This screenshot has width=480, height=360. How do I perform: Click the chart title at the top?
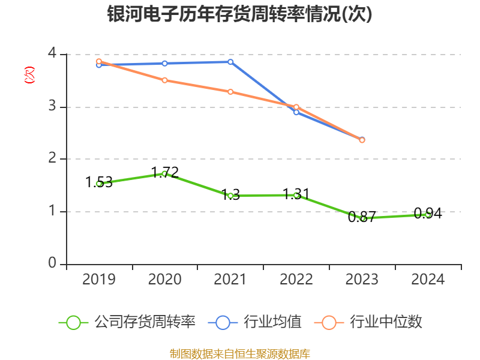pos(240,14)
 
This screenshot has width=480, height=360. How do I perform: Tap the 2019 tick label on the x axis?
pos(99,279)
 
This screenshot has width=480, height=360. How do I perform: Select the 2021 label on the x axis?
pos(230,279)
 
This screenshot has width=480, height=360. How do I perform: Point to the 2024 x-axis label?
pos(428,279)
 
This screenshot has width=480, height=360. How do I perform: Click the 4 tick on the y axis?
pos(52,54)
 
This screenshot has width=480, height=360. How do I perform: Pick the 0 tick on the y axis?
pos(52,264)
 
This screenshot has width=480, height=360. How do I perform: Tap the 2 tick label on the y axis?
pos(52,159)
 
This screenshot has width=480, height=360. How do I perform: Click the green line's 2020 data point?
pos(164,173)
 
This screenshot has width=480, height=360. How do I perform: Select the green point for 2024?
pos(428,214)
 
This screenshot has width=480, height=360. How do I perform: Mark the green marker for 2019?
pos(99,184)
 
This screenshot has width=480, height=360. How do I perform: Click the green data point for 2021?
pos(230,196)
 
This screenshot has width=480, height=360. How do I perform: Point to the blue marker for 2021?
pos(230,62)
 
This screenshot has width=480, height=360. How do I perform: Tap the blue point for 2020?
pos(164,63)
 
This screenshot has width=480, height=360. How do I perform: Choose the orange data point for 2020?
pos(164,80)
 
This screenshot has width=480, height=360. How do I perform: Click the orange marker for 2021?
pos(230,92)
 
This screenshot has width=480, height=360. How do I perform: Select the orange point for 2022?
pos(296,107)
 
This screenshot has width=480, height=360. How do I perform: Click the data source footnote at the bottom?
pos(240,353)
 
